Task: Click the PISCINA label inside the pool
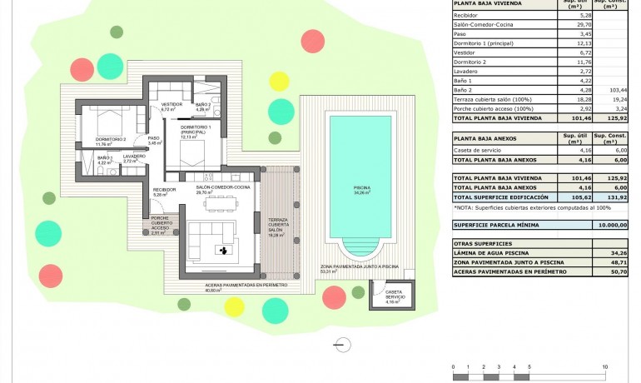360,188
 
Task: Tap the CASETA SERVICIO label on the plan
395,294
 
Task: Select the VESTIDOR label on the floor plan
171,106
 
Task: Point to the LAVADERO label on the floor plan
134,157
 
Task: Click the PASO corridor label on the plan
153,140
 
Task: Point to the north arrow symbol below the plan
340,344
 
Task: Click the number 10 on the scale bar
604,366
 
